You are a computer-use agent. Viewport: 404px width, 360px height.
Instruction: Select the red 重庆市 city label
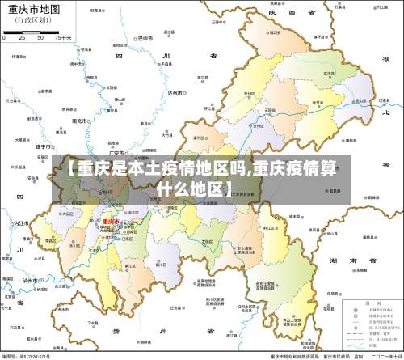110,221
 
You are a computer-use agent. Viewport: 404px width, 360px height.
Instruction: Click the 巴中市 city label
145,38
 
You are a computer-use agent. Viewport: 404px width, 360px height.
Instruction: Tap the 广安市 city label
117,152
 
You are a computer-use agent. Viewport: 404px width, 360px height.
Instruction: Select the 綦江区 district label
131,266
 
